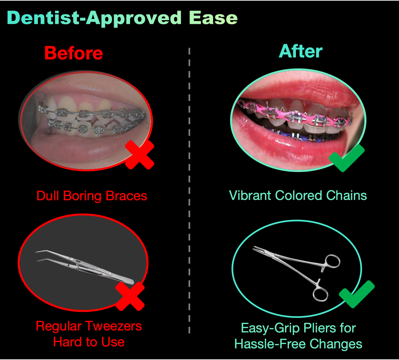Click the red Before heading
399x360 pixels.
[x=73, y=53]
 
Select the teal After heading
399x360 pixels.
[x=301, y=51]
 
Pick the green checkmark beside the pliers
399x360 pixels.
[x=356, y=294]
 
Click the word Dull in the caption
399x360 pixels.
[x=48, y=196]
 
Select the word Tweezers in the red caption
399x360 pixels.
[x=116, y=326]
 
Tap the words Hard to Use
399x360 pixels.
[x=89, y=342]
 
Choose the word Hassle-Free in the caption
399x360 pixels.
[x=268, y=344]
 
